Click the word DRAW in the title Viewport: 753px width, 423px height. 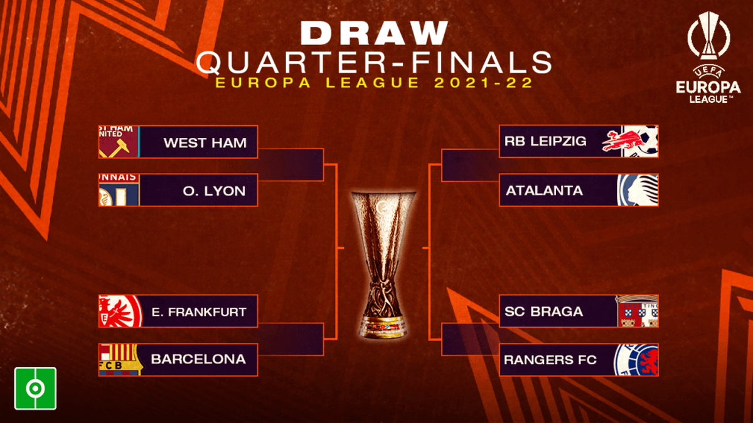374,33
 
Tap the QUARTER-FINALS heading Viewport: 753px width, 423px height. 374,62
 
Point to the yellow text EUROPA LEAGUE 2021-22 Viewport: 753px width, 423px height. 374,83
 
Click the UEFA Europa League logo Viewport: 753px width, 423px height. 708,57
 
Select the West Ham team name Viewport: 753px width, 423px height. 205,143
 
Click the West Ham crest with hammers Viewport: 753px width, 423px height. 119,142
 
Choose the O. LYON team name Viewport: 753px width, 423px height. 214,191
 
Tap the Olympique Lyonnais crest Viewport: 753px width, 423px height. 119,190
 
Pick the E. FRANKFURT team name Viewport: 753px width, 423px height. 199,312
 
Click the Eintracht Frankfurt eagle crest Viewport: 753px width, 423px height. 120,311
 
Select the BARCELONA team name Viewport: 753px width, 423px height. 198,359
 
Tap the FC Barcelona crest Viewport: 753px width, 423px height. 120,360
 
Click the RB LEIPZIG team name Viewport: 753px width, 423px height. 545,141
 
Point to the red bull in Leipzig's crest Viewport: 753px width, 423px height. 624,141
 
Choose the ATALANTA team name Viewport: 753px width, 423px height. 544,191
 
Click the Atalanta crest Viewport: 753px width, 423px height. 638,190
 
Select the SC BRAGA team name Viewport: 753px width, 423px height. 543,311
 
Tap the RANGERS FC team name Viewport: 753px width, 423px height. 550,360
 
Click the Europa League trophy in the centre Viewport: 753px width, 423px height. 383,264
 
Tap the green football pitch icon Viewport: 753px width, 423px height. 35,389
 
